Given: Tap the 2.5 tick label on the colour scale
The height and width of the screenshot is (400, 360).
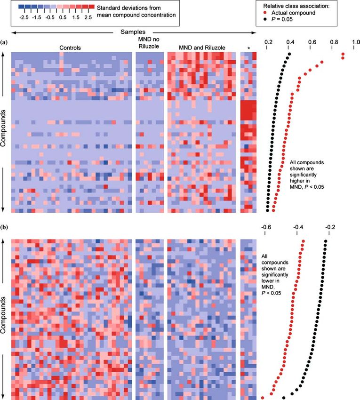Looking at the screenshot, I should (88, 16).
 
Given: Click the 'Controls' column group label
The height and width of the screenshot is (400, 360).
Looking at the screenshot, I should (70, 48).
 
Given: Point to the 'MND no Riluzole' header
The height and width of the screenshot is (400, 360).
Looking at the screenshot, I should (151, 44).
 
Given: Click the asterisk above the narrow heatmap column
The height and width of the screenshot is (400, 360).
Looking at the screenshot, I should (248, 48).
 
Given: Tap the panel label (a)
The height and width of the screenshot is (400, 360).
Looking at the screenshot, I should (4, 42).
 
